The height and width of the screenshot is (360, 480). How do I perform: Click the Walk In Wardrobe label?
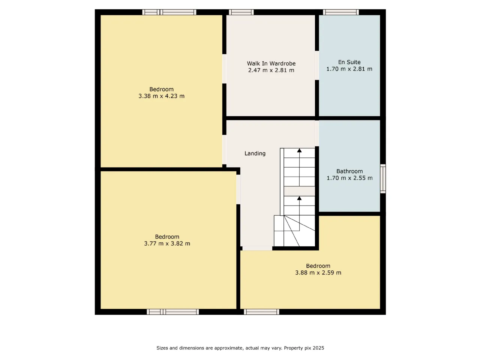pos(271,63)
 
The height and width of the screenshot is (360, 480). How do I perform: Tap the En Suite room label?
pos(349,62)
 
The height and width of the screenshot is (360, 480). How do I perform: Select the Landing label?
pos(255,153)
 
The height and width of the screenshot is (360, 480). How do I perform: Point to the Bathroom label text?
pos(349,171)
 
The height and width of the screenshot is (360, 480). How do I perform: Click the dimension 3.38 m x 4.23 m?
pos(161,96)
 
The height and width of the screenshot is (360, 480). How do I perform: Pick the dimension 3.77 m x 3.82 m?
pos(167,243)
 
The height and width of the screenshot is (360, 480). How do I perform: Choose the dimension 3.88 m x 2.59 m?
pos(318,273)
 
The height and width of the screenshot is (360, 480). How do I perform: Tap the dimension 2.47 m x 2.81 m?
pos(271,70)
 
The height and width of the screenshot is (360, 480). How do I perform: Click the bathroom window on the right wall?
pos(383,178)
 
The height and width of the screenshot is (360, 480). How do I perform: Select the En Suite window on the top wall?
pos(341,12)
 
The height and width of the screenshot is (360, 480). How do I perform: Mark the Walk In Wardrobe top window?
pos(241,12)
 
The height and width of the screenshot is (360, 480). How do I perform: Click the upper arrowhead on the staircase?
pos(299,150)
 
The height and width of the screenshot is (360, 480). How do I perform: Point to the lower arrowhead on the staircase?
pos(299,198)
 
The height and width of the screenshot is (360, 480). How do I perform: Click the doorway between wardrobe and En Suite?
pos(317,65)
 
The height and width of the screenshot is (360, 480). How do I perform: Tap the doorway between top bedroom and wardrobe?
pos(224,69)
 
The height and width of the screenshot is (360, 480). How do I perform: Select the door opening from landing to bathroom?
pos(317,133)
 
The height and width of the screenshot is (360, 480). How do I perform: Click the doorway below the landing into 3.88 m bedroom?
pos(257,248)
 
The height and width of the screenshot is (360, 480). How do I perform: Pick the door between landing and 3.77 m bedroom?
pos(238,189)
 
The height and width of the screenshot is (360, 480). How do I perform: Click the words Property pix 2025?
pos(304,348)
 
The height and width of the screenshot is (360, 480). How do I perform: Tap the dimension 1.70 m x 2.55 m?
pos(349,178)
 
